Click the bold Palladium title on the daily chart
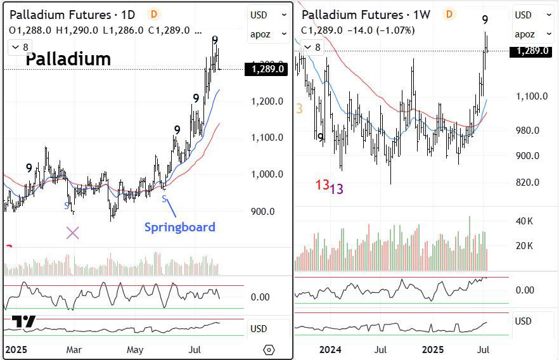coord(68,60)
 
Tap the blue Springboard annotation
coord(180,227)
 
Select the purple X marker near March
coord(73,233)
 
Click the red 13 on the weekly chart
coord(322,185)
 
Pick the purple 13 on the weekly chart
coord(337,189)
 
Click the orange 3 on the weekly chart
coord(300,109)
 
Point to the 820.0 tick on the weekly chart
coord(527,183)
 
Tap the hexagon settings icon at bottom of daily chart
coord(269,350)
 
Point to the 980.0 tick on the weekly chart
coord(527,131)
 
